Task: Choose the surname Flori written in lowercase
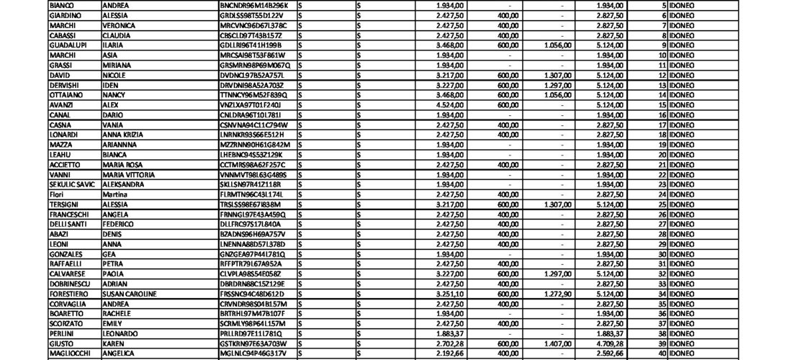(57, 194)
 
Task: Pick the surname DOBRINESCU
(70, 284)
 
